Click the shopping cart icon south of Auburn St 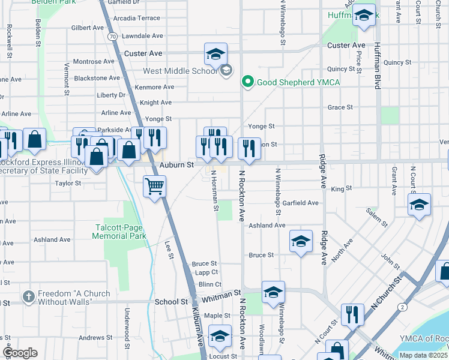pyautogui.click(x=155, y=187)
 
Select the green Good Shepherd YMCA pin pyautogui.click(x=246, y=82)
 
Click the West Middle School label pyautogui.click(x=180, y=71)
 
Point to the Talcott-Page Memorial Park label pyautogui.click(x=119, y=232)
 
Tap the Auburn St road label pyautogui.click(x=176, y=164)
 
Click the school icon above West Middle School pyautogui.click(x=215, y=55)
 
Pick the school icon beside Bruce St pyautogui.click(x=301, y=241)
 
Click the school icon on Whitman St pyautogui.click(x=273, y=292)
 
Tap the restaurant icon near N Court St pyautogui.click(x=352, y=314)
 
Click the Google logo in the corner pyautogui.click(x=20, y=353)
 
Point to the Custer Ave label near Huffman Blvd pyautogui.click(x=346, y=46)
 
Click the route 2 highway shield pyautogui.click(x=402, y=307)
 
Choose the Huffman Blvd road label pyautogui.click(x=377, y=66)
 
